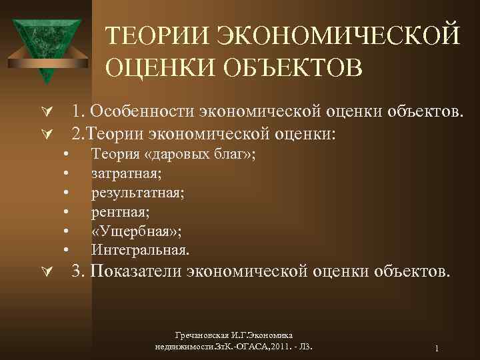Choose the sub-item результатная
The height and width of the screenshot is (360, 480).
[x=138, y=193]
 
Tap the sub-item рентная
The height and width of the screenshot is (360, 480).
[x=119, y=212]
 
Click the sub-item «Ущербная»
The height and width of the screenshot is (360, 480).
[x=137, y=231]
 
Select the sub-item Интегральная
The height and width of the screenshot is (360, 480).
[x=140, y=251]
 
